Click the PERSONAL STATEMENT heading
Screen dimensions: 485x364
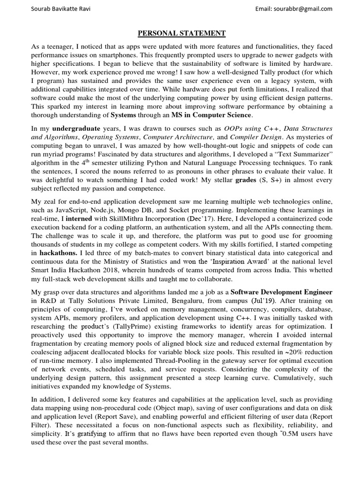pyautogui.click(x=182, y=33)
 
